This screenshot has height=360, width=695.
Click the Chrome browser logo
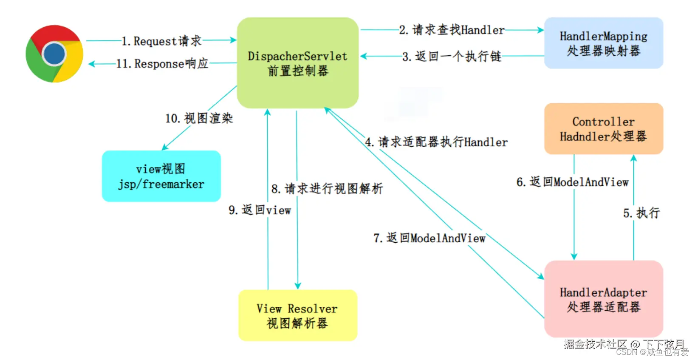pyautogui.click(x=54, y=54)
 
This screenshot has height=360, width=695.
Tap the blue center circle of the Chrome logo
pyautogui.click(x=54, y=54)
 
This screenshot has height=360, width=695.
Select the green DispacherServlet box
pyautogui.click(x=297, y=63)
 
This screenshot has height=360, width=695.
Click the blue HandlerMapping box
pyautogui.click(x=603, y=43)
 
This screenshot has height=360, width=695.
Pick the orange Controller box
pyautogui.click(x=603, y=129)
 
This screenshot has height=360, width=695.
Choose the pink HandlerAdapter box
pyautogui.click(x=603, y=299)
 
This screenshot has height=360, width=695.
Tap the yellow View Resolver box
pyautogui.click(x=297, y=315)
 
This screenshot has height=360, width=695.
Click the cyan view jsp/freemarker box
pyautogui.click(x=161, y=176)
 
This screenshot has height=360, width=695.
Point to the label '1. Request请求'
pyautogui.click(x=161, y=41)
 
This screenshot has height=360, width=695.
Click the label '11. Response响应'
pyautogui.click(x=162, y=64)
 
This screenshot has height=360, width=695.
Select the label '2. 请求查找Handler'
pyautogui.click(x=452, y=30)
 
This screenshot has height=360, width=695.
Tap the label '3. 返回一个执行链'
pyautogui.click(x=452, y=56)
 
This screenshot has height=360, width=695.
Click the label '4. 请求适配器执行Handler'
pyautogui.click(x=436, y=142)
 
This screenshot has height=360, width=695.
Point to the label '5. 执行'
pyautogui.click(x=641, y=213)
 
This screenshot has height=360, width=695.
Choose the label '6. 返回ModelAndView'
pyautogui.click(x=572, y=182)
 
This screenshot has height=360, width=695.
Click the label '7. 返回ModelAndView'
pyautogui.click(x=429, y=238)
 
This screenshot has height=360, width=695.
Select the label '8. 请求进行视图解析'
pyautogui.click(x=327, y=188)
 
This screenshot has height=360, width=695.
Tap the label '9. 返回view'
pyautogui.click(x=260, y=210)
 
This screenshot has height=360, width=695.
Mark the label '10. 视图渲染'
pyautogui.click(x=199, y=118)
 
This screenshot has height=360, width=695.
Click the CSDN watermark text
pyautogui.click(x=652, y=352)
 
